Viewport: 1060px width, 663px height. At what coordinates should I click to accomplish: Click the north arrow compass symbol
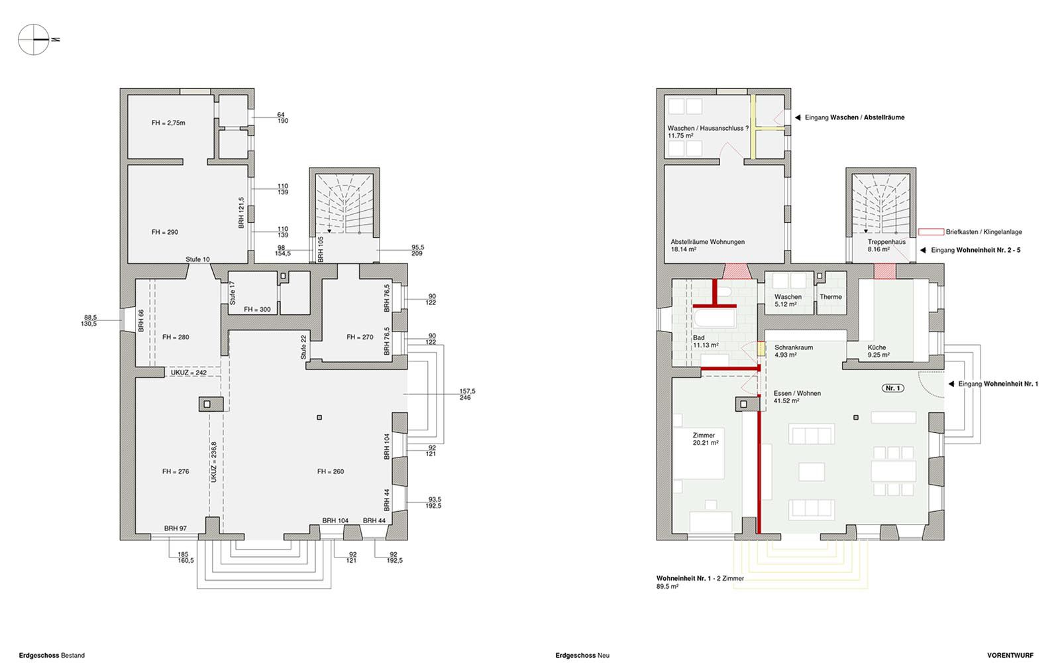(x=34, y=39)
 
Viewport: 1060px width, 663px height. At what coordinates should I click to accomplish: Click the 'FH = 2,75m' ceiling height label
(x=168, y=123)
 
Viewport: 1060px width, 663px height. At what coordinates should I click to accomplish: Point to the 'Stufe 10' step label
(x=197, y=259)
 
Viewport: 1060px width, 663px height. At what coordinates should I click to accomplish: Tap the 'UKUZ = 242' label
(x=188, y=373)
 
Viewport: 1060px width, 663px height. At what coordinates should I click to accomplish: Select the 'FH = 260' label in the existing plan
(x=331, y=471)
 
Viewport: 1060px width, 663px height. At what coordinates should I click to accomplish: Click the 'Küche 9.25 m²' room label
(x=878, y=351)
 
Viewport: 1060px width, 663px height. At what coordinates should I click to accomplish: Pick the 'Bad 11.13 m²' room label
(x=706, y=341)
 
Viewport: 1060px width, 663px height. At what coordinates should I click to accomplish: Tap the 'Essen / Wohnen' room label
(x=797, y=394)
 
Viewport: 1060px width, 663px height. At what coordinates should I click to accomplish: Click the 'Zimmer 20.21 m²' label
(x=706, y=439)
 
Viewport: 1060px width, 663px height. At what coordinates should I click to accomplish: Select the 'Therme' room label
(x=831, y=297)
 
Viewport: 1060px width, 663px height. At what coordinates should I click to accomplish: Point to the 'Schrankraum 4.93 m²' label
(x=794, y=351)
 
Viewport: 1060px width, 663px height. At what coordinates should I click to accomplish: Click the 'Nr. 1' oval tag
(x=893, y=389)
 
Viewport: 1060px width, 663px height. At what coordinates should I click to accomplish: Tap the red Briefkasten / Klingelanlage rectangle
(x=931, y=232)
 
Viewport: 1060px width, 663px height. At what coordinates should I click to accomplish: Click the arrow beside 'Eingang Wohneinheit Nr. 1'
(x=951, y=384)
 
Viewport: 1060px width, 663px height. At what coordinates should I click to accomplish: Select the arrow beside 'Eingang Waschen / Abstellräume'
(x=798, y=117)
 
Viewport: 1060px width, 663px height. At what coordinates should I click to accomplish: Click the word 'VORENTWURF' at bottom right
(x=1010, y=656)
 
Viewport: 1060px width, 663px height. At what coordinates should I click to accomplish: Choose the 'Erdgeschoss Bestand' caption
(x=52, y=656)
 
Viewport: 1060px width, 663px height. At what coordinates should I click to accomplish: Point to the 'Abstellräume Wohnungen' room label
(x=708, y=242)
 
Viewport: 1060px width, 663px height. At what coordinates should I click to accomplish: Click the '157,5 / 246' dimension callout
(x=467, y=394)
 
